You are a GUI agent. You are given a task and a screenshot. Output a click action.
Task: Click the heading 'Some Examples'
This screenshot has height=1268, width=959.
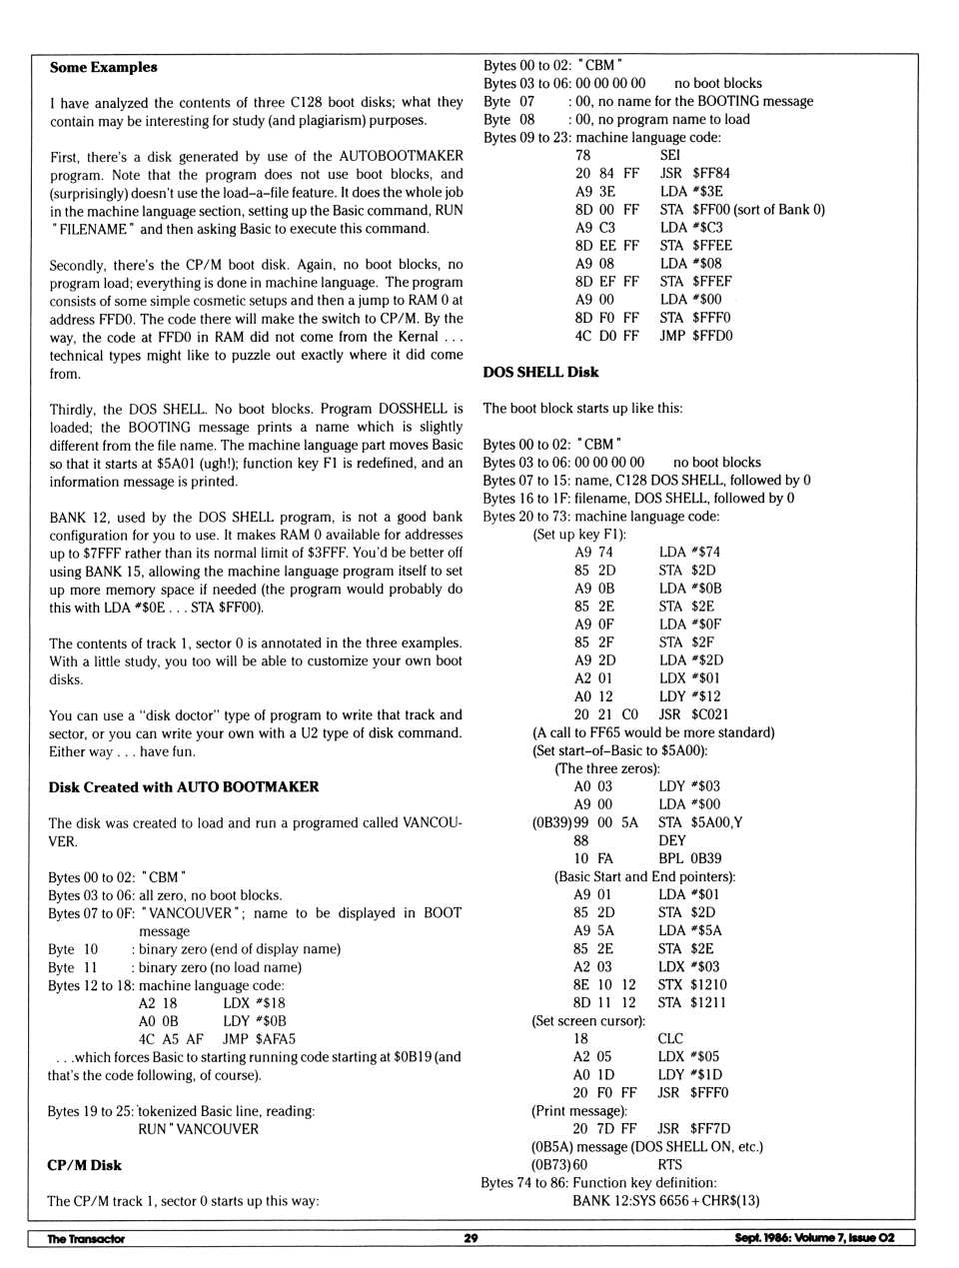[103, 67]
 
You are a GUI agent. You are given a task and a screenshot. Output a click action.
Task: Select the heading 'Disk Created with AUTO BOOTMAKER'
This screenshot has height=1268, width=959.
[184, 786]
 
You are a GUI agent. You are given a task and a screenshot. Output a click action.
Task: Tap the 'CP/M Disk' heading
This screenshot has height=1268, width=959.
[84, 1164]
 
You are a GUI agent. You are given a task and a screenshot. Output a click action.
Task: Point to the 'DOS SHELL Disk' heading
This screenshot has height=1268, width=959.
[540, 372]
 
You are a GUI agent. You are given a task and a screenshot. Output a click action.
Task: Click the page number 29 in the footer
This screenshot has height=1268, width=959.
[471, 1238]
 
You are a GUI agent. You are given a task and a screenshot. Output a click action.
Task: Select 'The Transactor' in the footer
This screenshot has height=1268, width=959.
[86, 1239]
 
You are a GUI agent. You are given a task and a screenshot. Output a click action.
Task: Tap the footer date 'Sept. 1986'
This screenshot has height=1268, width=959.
[761, 1238]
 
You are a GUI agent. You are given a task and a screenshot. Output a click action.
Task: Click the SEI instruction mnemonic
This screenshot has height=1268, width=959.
[669, 155]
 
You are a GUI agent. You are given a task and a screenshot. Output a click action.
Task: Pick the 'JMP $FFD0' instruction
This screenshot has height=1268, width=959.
[695, 335]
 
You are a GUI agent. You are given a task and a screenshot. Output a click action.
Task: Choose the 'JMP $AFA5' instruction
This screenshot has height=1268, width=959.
[259, 1038]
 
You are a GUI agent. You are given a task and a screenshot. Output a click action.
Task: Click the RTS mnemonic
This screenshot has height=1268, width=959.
[669, 1164]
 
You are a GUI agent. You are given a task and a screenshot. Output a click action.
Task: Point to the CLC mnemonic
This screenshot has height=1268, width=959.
[670, 1038]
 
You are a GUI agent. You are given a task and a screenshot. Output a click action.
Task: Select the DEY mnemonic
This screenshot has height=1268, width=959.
[671, 840]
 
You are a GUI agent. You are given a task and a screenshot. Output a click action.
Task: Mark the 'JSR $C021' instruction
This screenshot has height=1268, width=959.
[693, 714]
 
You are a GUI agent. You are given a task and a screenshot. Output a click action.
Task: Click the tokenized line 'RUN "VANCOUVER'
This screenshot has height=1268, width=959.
[198, 1128]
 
